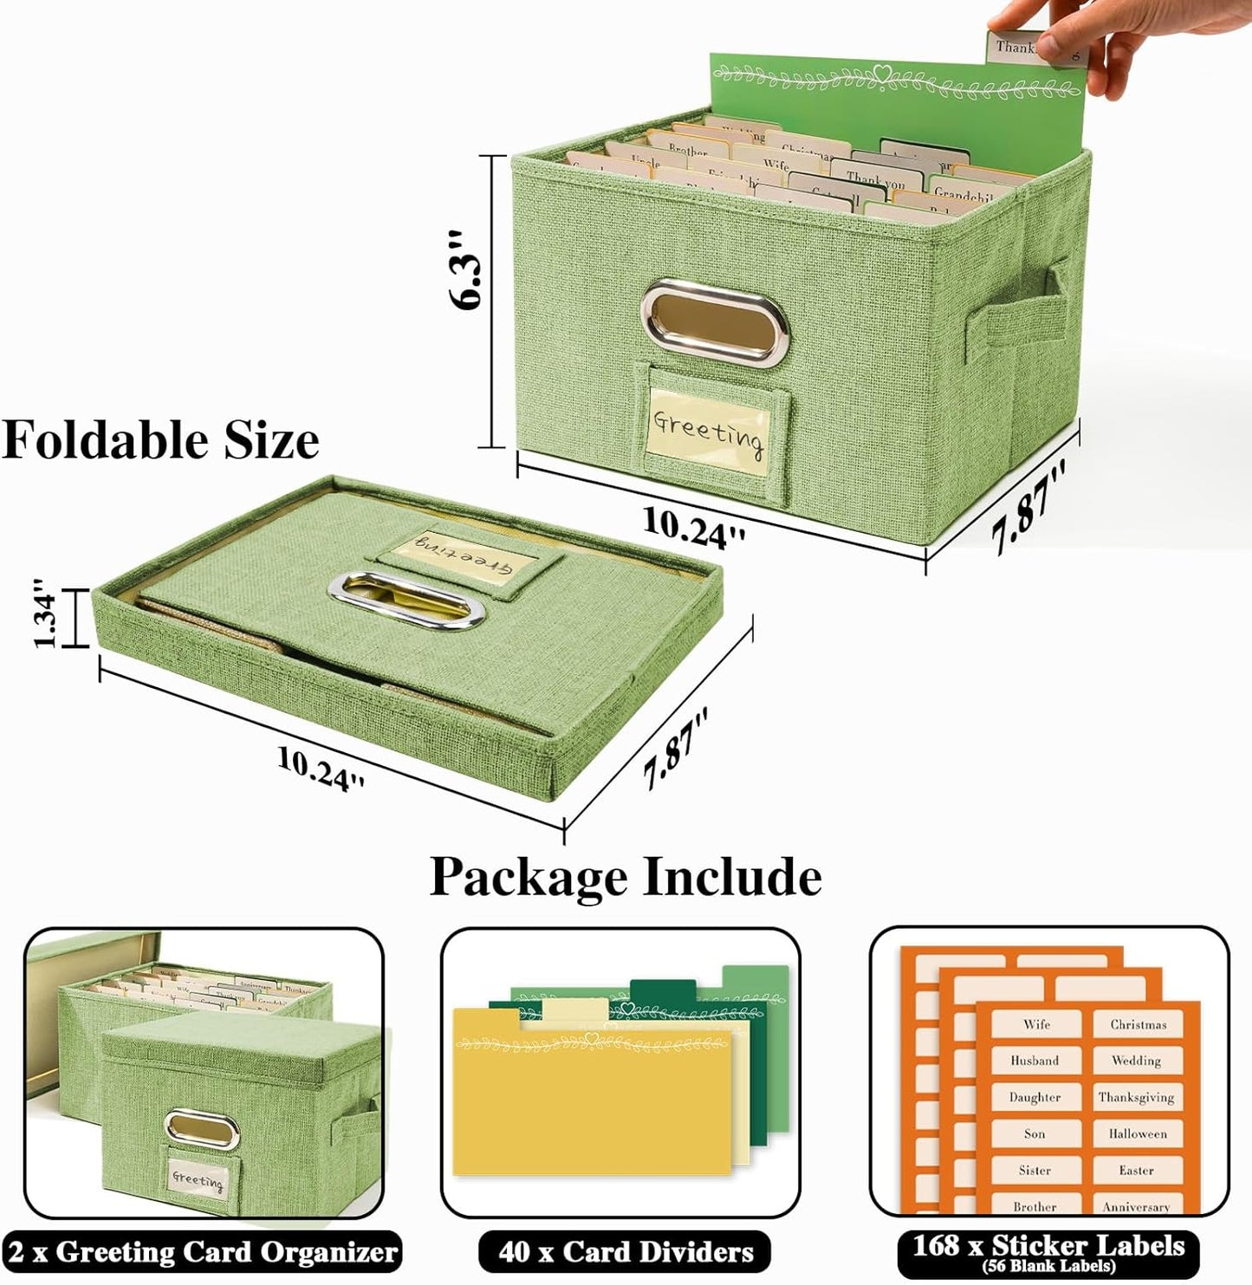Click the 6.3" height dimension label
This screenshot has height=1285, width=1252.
point(465,270)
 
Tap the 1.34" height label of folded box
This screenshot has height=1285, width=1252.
point(46,618)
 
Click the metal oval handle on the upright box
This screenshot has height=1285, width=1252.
point(714,320)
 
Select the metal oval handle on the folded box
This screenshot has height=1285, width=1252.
point(405,599)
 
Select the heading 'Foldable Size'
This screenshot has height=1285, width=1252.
point(160,440)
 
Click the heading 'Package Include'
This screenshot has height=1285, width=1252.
point(626,877)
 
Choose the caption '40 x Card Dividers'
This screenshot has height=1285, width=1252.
point(625,1252)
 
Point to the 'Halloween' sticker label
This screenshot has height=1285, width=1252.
point(1137,1133)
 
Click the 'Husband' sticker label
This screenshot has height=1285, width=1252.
point(1035,1061)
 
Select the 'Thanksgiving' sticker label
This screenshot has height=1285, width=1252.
point(1136,1097)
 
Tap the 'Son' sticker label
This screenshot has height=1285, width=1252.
point(1035,1133)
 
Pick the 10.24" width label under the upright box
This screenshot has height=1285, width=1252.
point(694,526)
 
